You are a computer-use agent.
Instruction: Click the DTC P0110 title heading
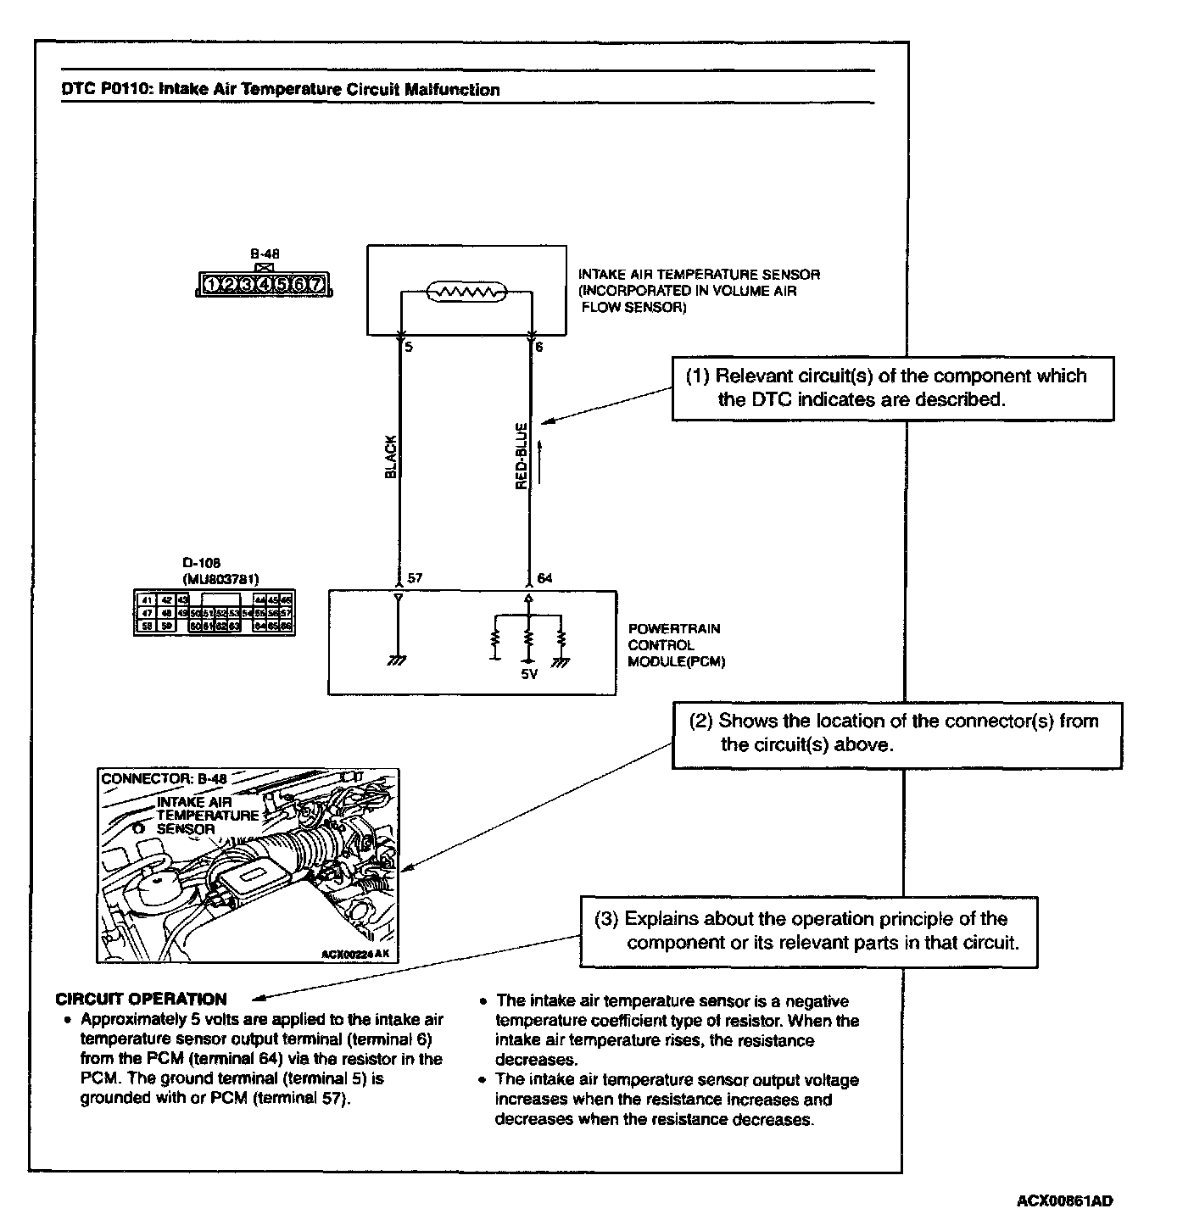[x=281, y=89]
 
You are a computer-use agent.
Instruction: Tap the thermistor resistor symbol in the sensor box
[x=466, y=292]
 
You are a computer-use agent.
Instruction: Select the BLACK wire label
[x=391, y=457]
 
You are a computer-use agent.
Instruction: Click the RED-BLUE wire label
[x=522, y=455]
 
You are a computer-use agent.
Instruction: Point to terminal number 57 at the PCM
[x=415, y=578]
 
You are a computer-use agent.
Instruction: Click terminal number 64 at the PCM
[x=544, y=578]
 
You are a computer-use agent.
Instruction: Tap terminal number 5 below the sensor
[x=409, y=347]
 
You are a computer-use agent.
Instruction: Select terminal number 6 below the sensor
[x=539, y=347]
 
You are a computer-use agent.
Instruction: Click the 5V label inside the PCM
[x=529, y=675]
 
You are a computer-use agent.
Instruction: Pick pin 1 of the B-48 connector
[x=211, y=285]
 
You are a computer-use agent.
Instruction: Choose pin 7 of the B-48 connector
[x=315, y=285]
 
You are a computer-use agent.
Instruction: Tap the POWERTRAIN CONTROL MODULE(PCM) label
[x=676, y=645]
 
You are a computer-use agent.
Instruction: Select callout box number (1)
[x=892, y=388]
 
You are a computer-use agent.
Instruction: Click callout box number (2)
[x=896, y=733]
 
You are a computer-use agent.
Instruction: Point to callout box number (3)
[x=808, y=931]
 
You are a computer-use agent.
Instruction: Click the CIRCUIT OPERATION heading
[x=141, y=999]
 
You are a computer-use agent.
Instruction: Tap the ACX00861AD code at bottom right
[x=1064, y=1200]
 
